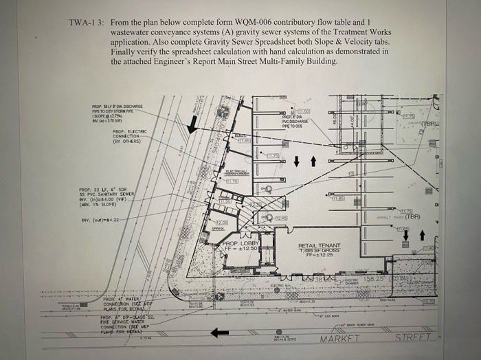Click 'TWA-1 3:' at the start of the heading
point(86,23)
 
